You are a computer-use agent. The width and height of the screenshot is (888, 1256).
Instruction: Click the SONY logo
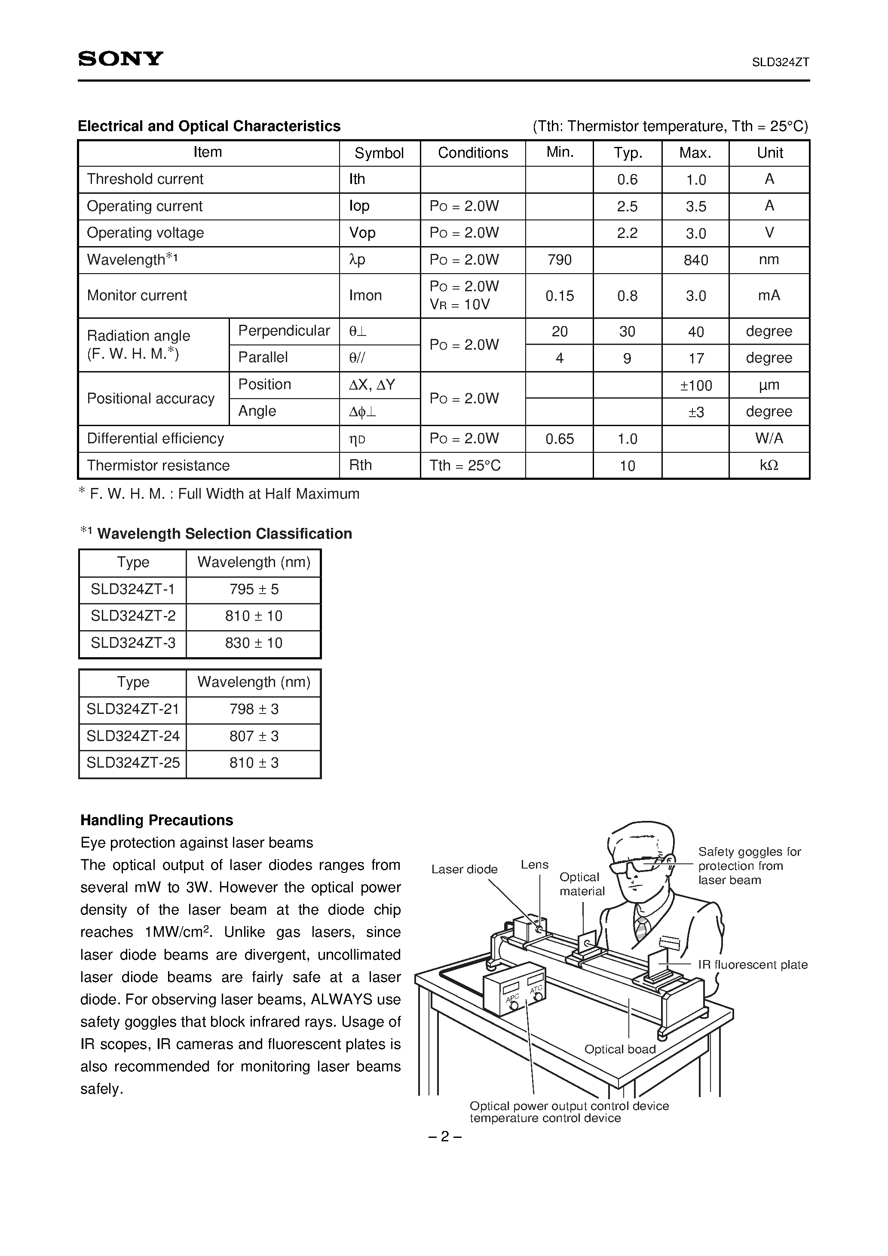[x=120, y=58]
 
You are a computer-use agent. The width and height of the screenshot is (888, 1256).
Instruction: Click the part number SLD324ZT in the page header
[x=780, y=62]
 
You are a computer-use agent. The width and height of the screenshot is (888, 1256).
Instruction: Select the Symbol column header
[x=379, y=153]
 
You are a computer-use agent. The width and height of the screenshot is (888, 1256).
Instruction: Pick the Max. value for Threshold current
[x=695, y=180]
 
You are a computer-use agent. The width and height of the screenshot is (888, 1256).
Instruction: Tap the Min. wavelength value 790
[x=559, y=260]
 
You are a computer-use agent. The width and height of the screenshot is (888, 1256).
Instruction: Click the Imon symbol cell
[x=365, y=296]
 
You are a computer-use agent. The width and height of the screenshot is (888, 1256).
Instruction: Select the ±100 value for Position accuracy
[x=695, y=386]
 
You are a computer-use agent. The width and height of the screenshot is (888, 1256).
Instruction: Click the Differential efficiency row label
[x=156, y=439]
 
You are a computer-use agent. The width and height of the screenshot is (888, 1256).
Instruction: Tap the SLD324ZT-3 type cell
[x=133, y=643]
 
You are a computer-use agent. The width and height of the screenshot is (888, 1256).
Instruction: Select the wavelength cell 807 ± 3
[x=254, y=736]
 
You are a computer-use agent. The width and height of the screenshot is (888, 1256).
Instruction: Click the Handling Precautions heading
[x=156, y=820]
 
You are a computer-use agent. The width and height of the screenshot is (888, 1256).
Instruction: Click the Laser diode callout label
[x=464, y=869]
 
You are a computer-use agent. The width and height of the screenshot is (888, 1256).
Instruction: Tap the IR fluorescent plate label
[x=752, y=964]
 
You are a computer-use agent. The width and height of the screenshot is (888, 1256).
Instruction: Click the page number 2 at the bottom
[x=444, y=1137]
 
